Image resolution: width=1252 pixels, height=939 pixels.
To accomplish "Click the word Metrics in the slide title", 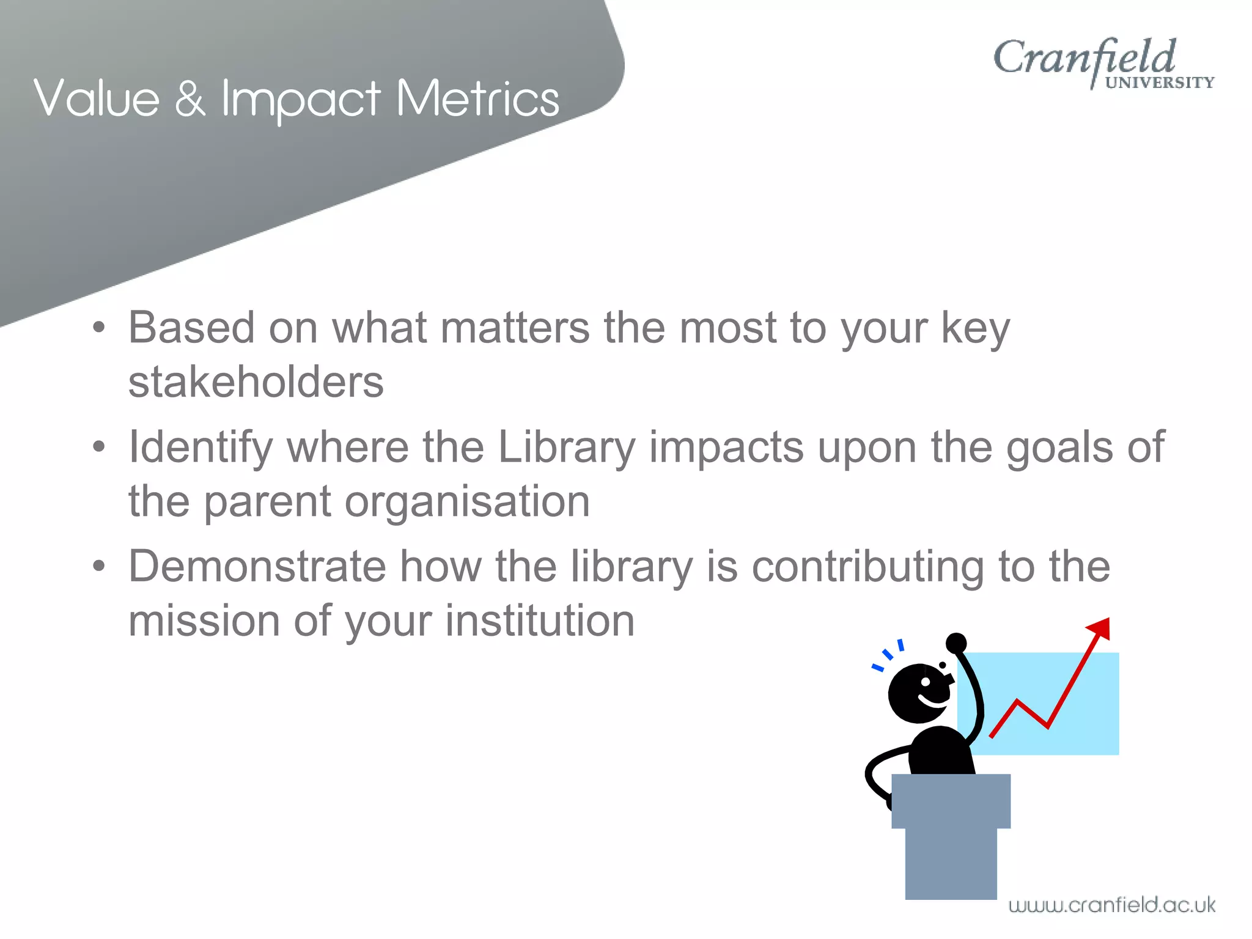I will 477,99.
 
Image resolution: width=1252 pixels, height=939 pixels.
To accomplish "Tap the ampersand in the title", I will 190,99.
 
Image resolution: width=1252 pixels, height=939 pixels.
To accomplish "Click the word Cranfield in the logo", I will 1083,58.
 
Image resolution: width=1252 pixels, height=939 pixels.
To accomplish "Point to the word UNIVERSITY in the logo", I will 1159,83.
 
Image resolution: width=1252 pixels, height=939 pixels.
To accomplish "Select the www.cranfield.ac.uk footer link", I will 1111,905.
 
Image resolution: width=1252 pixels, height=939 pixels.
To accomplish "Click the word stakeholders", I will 256,382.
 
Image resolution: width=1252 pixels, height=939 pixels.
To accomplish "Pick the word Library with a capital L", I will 567,447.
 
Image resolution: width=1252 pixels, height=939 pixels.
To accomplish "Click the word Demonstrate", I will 257,566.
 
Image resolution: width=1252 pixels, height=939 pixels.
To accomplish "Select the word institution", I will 540,620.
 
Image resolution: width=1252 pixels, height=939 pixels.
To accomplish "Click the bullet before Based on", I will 98,328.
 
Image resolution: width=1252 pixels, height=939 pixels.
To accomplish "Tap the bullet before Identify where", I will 98,447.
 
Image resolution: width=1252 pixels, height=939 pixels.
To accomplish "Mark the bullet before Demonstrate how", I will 98,566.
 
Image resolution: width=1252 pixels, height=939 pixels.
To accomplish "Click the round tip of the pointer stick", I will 956,643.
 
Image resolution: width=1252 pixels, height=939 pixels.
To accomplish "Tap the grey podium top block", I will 951,801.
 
